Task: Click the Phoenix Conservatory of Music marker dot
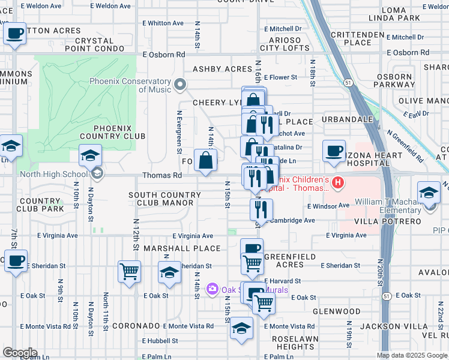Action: pos(179,83)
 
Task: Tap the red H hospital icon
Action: pos(339,182)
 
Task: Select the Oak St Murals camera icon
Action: pos(212,290)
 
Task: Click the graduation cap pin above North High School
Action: pos(90,155)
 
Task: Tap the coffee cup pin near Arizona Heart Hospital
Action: pos(334,151)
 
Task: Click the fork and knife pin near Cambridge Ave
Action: pos(261,209)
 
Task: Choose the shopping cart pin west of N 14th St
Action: pos(129,272)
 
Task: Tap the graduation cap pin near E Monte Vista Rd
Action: pos(242,328)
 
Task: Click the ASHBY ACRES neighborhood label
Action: pos(221,69)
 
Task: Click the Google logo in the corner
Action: pos(20,353)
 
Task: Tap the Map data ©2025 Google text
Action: pos(412,355)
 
